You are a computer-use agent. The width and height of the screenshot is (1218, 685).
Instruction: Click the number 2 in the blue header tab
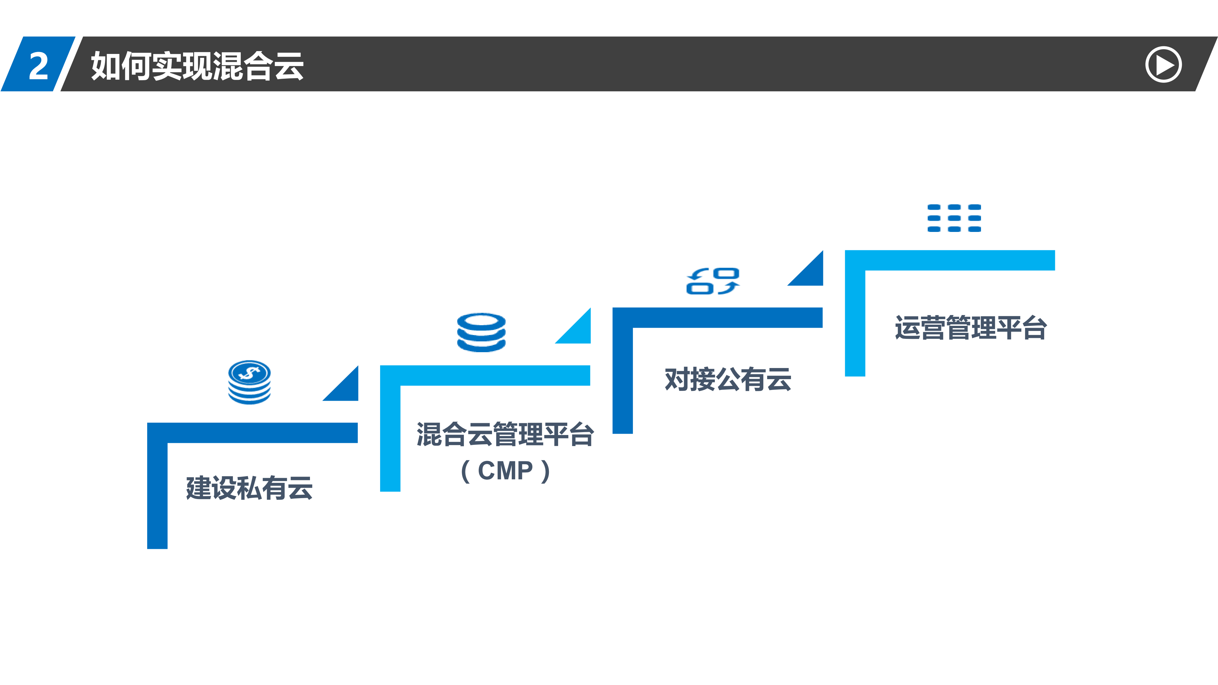(x=39, y=65)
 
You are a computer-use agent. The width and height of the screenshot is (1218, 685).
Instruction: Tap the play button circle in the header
(x=1163, y=65)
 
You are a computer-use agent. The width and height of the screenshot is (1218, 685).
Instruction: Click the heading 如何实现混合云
(x=197, y=66)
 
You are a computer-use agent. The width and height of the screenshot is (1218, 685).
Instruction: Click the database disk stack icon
(x=481, y=332)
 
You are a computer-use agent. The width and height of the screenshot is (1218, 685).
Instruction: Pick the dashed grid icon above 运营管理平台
(x=954, y=218)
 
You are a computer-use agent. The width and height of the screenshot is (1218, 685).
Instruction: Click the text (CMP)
(x=505, y=471)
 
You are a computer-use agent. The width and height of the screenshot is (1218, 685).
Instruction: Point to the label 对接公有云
(x=728, y=379)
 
